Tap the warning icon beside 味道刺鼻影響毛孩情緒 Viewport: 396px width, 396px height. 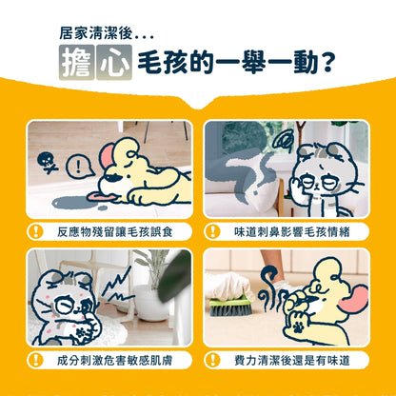pyautogui.click(x=214, y=231)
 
